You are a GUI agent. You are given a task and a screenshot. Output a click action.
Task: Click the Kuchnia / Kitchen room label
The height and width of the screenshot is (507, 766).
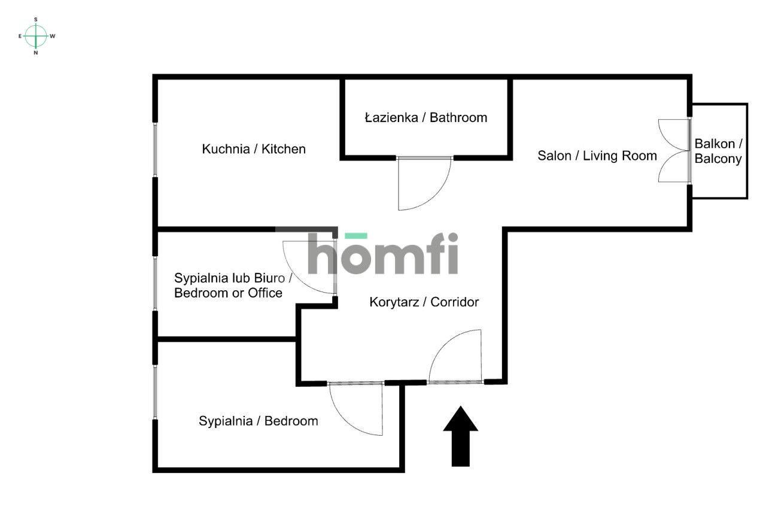pyautogui.click(x=254, y=149)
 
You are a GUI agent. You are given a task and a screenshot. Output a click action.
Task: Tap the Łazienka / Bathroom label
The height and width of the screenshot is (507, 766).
pyautogui.click(x=426, y=117)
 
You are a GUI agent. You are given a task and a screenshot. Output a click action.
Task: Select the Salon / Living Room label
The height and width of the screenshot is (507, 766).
pyautogui.click(x=597, y=156)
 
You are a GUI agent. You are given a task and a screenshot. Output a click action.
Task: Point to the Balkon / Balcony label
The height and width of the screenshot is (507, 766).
pyautogui.click(x=718, y=151)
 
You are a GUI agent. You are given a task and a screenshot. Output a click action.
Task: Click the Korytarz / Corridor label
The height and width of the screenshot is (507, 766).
pyautogui.click(x=424, y=302)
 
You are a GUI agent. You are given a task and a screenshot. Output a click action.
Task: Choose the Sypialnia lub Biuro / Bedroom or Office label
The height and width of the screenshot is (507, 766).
pyautogui.click(x=233, y=286)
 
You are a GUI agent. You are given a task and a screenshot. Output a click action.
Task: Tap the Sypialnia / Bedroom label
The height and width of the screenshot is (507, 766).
pyautogui.click(x=258, y=421)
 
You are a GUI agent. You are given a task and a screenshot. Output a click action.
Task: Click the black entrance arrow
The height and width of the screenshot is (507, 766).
pyautogui.click(x=460, y=436)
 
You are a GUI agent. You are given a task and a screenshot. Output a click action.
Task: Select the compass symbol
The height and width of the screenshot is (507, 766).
pyautogui.click(x=37, y=36)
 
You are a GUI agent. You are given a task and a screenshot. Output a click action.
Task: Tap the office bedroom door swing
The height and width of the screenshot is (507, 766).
pyautogui.click(x=308, y=266)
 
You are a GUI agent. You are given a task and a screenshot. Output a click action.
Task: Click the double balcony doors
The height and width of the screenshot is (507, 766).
pyautogui.click(x=674, y=150)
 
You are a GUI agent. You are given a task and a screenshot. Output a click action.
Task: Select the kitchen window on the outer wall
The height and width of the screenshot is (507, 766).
pyautogui.click(x=155, y=150)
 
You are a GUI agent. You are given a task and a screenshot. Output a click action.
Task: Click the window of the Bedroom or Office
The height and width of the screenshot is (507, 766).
pyautogui.click(x=155, y=283)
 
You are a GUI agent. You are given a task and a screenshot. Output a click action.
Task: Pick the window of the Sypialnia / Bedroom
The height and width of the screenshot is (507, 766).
pyautogui.click(x=155, y=392)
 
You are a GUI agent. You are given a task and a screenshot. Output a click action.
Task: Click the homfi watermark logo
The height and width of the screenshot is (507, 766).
pyautogui.click(x=383, y=254)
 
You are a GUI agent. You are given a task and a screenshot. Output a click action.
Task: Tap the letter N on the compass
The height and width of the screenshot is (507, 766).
pyautogui.click(x=36, y=53)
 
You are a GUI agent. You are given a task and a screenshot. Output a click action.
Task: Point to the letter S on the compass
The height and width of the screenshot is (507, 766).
pyautogui.click(x=36, y=19)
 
